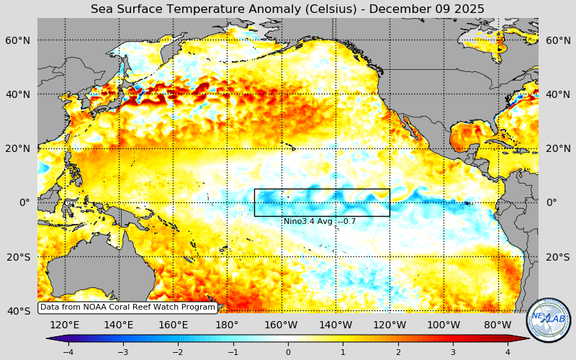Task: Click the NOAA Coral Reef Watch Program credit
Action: click(127, 307)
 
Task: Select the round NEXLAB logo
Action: click(549, 320)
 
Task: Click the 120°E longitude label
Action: click(65, 325)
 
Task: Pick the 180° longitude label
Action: click(227, 325)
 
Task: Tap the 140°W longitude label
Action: click(336, 325)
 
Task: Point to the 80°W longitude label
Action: click(498, 325)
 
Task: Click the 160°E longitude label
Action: click(173, 325)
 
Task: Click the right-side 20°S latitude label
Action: click(558, 257)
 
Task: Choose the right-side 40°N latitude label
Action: click(558, 94)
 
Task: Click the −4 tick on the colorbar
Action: click(68, 352)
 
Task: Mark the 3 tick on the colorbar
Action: click(453, 352)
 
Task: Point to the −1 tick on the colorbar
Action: click(233, 352)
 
